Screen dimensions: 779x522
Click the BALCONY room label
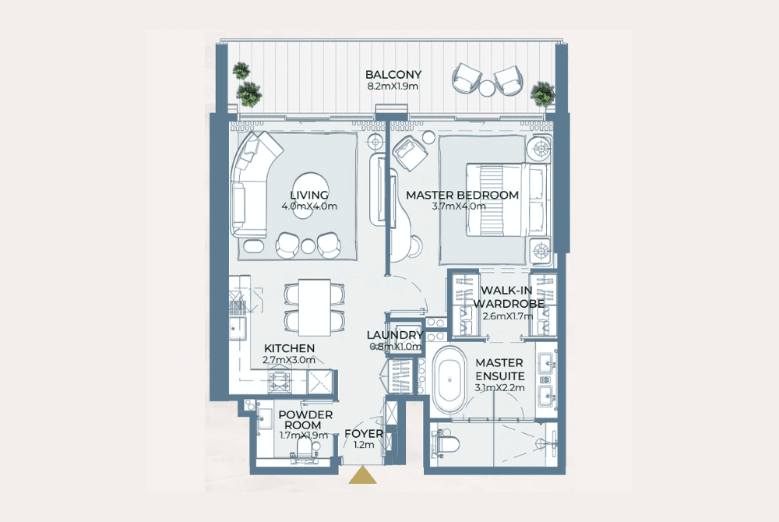[x=393, y=75]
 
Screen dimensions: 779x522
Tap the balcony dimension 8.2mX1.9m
[x=393, y=86]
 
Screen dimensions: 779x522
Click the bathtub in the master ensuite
[x=449, y=380]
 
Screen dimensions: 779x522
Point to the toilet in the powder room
[x=303, y=451]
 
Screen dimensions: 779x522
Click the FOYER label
[x=364, y=434]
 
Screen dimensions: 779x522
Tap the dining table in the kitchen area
[x=315, y=308]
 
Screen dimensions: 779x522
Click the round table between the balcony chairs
[x=487, y=88]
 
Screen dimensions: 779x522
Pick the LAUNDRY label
[x=395, y=335]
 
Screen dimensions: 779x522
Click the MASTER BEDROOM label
[x=462, y=196]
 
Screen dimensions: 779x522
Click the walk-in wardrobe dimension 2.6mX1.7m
[x=508, y=316]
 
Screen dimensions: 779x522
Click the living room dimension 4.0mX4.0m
[x=309, y=206]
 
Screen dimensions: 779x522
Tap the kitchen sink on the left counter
[x=238, y=328]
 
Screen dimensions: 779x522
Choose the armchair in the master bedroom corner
[x=410, y=153]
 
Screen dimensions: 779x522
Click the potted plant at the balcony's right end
[x=542, y=93]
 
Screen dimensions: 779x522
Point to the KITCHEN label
[x=289, y=348]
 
